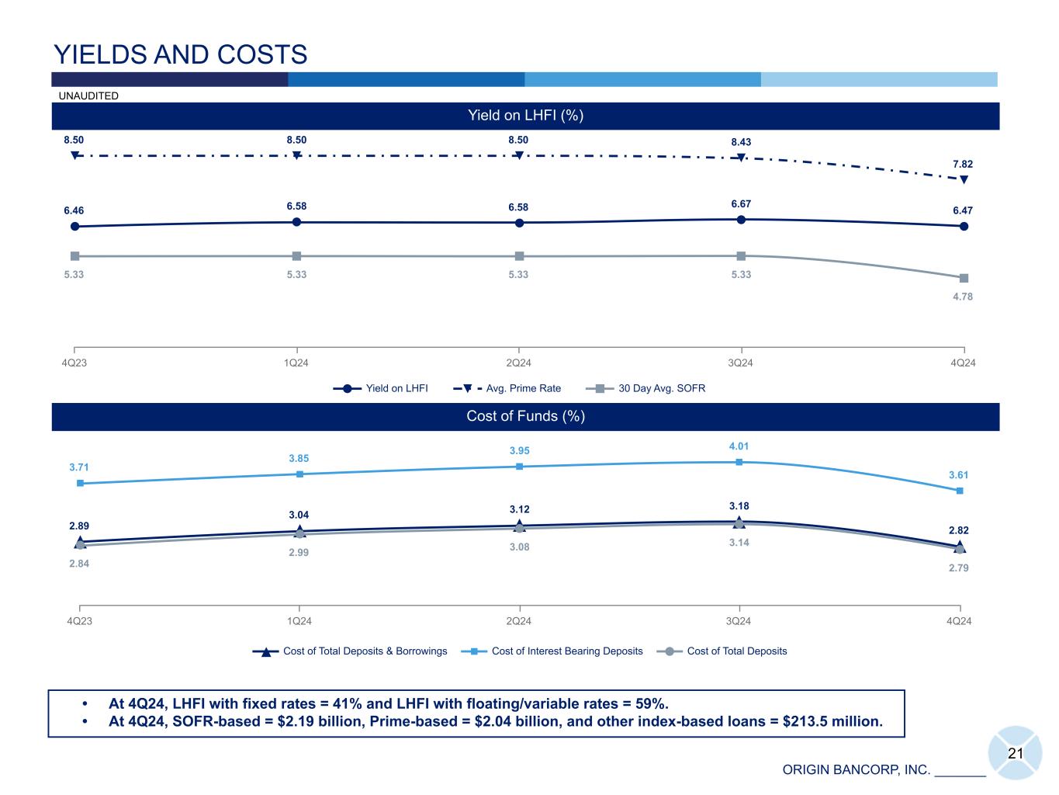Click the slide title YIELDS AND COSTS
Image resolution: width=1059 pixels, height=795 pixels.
[180, 54]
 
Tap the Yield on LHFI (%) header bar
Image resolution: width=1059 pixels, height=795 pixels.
[525, 116]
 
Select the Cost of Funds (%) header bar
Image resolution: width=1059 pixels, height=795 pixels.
[525, 416]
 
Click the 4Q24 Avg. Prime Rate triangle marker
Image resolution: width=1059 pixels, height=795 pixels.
[964, 179]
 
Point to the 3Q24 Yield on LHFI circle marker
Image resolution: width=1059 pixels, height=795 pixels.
[741, 220]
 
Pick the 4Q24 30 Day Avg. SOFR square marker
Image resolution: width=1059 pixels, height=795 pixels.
[964, 278]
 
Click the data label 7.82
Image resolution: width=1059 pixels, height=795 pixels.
[962, 165]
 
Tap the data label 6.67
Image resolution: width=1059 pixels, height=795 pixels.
[741, 204]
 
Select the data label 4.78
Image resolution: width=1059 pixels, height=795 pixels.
[962, 297]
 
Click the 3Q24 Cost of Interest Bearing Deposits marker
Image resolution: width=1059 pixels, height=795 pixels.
[739, 462]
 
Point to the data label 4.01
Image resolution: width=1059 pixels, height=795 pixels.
[739, 446]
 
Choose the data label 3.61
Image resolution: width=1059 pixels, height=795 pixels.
[958, 475]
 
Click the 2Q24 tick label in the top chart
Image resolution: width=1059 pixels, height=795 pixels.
[518, 363]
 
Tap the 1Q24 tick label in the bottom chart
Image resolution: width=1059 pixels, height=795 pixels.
[299, 621]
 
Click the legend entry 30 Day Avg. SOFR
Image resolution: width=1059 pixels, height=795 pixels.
[661, 388]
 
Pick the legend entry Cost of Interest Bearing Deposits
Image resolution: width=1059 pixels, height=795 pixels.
[566, 651]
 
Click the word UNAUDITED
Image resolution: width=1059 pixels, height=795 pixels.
[88, 95]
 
